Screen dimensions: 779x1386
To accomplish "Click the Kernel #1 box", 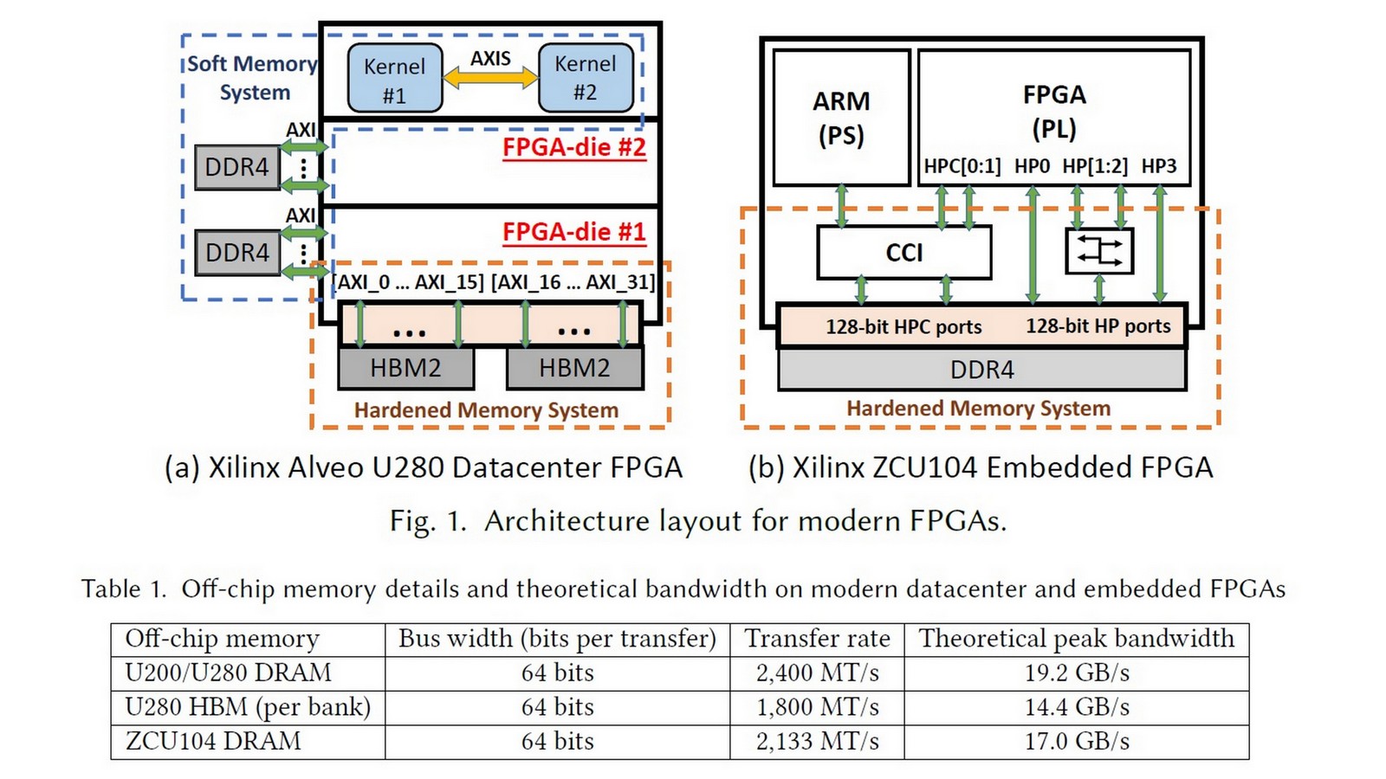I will click(x=395, y=79).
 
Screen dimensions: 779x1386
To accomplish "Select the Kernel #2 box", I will click(x=586, y=78).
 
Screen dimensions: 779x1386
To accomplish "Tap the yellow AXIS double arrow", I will click(x=490, y=78).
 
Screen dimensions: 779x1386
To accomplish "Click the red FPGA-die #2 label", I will click(x=574, y=147).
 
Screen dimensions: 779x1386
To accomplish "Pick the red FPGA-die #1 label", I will click(x=574, y=232).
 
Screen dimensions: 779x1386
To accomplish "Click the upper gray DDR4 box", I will click(x=236, y=167).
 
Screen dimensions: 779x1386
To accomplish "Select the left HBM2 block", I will click(x=405, y=369).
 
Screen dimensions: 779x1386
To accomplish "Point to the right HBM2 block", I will click(x=574, y=369).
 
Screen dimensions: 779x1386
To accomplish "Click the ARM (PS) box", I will click(x=841, y=118).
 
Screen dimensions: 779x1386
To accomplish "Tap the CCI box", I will click(x=903, y=253).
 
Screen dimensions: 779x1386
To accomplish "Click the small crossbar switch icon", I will click(x=1098, y=252).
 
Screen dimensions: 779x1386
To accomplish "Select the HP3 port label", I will click(x=1159, y=166).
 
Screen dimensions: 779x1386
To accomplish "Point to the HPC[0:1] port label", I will click(x=962, y=166).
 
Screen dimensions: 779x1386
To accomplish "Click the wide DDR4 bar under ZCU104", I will click(x=981, y=370).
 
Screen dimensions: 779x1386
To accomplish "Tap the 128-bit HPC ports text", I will click(x=903, y=327).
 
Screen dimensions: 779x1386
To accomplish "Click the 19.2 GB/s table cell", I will click(x=1077, y=673).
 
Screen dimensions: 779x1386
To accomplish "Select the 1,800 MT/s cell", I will click(x=817, y=707).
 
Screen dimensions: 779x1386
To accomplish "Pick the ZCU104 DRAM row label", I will click(x=213, y=742).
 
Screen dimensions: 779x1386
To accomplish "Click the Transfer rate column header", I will click(x=817, y=639).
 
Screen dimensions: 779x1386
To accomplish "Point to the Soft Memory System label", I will click(x=252, y=78).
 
